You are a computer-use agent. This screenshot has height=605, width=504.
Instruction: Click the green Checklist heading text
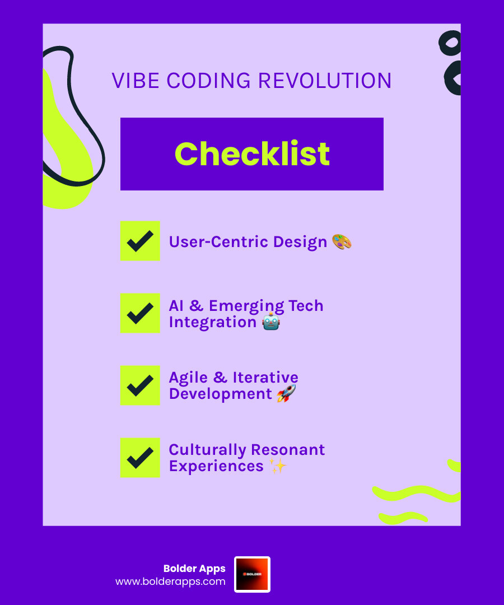click(252, 153)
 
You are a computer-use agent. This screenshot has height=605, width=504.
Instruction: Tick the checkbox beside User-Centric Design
click(140, 241)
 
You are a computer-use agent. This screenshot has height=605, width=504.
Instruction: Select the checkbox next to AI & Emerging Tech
click(140, 313)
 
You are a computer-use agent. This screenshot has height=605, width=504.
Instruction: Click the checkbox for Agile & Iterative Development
click(140, 385)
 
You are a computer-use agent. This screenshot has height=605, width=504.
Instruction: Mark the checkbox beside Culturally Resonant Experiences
click(140, 458)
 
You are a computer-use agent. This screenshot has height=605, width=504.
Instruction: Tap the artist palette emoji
click(342, 242)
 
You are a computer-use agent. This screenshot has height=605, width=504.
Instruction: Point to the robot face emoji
click(271, 322)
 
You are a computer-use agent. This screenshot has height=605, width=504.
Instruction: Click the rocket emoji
click(286, 394)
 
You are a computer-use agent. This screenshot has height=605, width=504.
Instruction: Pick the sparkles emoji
click(278, 466)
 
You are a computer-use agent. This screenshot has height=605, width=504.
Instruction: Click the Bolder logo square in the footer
click(252, 574)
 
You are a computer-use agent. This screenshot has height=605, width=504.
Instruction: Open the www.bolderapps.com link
click(170, 581)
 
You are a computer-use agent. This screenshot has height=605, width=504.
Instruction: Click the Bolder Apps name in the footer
click(194, 569)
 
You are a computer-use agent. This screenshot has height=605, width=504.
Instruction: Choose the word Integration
click(213, 322)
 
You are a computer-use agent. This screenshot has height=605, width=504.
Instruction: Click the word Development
click(220, 394)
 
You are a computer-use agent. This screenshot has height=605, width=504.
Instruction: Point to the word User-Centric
click(218, 242)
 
